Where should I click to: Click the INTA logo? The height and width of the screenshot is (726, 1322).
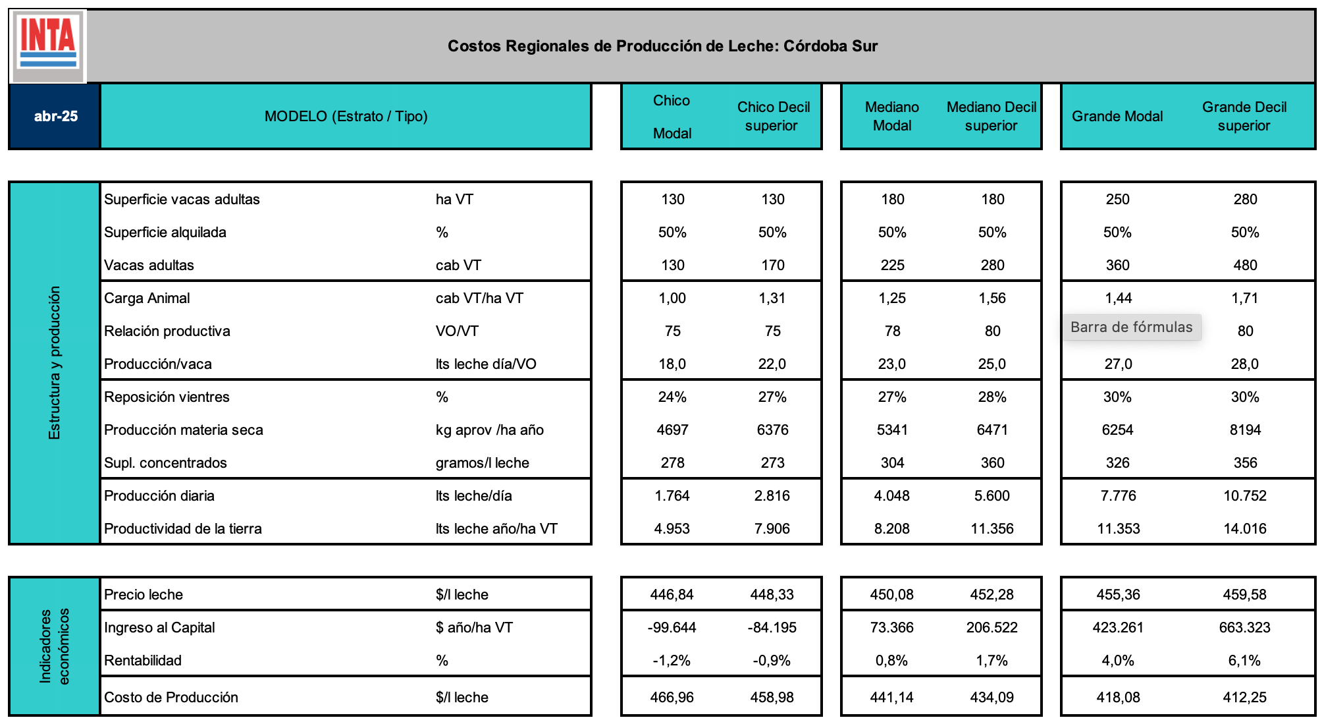49,44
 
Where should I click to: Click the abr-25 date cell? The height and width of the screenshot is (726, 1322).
56,117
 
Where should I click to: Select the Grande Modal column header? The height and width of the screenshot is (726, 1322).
1117,117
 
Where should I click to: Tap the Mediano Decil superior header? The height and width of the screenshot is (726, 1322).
991,117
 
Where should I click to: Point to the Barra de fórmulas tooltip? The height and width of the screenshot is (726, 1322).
1131,327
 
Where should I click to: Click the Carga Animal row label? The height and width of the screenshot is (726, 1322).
147,298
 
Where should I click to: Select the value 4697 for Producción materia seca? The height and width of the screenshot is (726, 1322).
672,430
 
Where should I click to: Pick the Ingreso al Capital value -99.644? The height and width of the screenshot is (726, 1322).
672,628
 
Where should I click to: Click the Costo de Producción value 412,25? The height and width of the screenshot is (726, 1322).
1244,697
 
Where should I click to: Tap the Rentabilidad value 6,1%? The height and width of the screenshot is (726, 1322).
1244,661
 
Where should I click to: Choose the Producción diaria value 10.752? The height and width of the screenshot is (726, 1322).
1244,496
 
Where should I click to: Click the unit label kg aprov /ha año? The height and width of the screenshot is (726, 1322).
490,430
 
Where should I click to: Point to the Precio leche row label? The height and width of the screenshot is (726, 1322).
144,595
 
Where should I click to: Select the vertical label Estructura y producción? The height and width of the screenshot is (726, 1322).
54,363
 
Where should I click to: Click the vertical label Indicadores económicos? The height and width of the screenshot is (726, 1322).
54,646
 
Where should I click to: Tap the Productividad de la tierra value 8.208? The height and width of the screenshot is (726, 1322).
891,529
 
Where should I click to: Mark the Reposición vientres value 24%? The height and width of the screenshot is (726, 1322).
672,397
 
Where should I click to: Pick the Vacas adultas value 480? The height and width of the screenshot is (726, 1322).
1245,265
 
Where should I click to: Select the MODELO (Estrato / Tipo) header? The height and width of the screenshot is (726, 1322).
346,117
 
